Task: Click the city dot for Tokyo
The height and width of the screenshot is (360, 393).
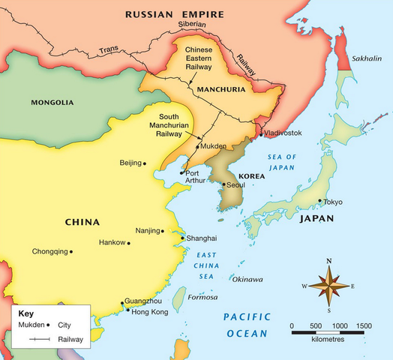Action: point(320,200)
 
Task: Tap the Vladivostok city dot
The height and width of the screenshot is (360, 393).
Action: point(261,133)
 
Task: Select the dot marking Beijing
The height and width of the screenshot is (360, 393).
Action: point(145,163)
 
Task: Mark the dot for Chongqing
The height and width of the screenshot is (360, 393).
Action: point(71,252)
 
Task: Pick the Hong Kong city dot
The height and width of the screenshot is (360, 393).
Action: point(127,310)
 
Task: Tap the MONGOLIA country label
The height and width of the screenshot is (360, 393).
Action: point(52,102)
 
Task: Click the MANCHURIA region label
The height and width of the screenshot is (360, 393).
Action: point(222,90)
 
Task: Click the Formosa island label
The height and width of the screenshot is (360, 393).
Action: point(202,297)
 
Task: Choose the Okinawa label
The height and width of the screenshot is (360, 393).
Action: point(247,280)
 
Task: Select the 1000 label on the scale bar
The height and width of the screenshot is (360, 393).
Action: point(339,326)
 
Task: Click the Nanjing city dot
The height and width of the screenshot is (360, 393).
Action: point(164,231)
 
